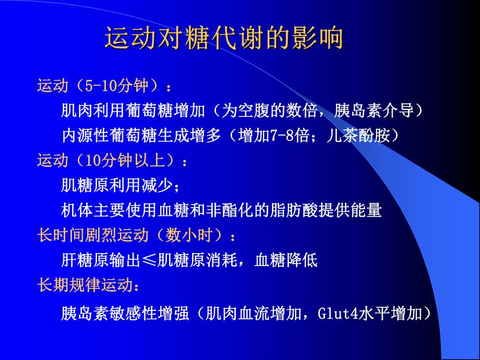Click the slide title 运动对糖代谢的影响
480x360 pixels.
pos(224,40)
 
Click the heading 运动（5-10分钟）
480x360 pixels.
pos(104,85)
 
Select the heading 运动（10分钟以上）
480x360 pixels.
pos(112,161)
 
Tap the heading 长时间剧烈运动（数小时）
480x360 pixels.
pos(137,235)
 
